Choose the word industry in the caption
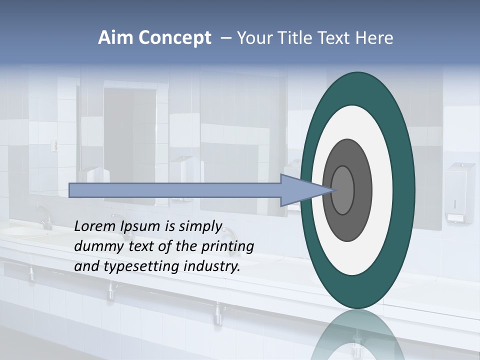coord(212,266)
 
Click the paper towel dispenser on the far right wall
coord(459,192)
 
